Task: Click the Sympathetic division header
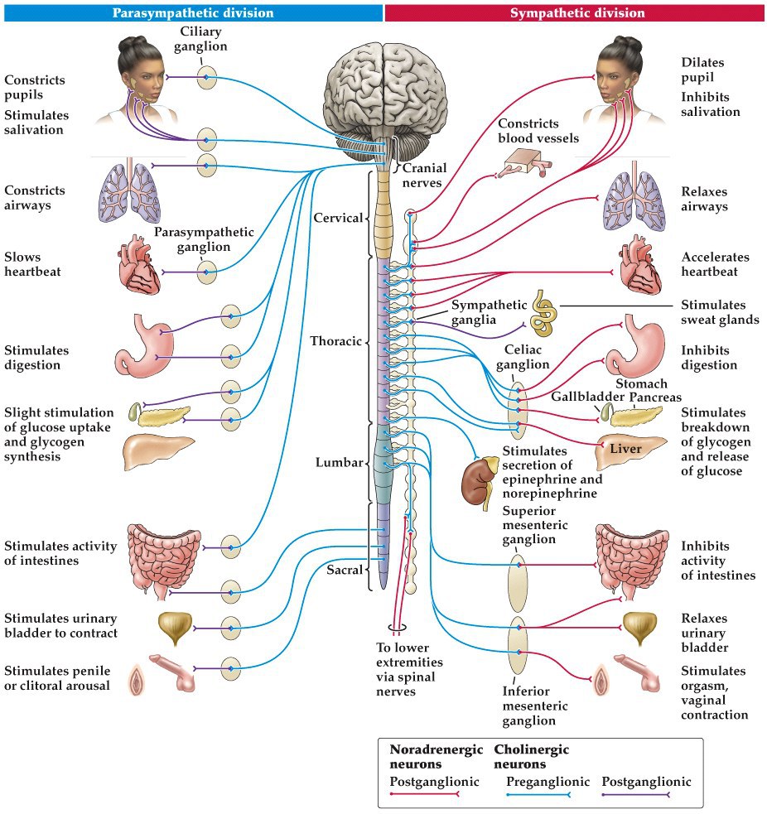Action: [x=576, y=13]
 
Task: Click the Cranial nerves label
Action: [x=424, y=176]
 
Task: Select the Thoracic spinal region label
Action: [x=335, y=341]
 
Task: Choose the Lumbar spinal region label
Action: [x=340, y=463]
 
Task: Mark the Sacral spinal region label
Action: [x=343, y=568]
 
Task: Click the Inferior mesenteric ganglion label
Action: [x=535, y=706]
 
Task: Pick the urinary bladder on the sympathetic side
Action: [x=640, y=628]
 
